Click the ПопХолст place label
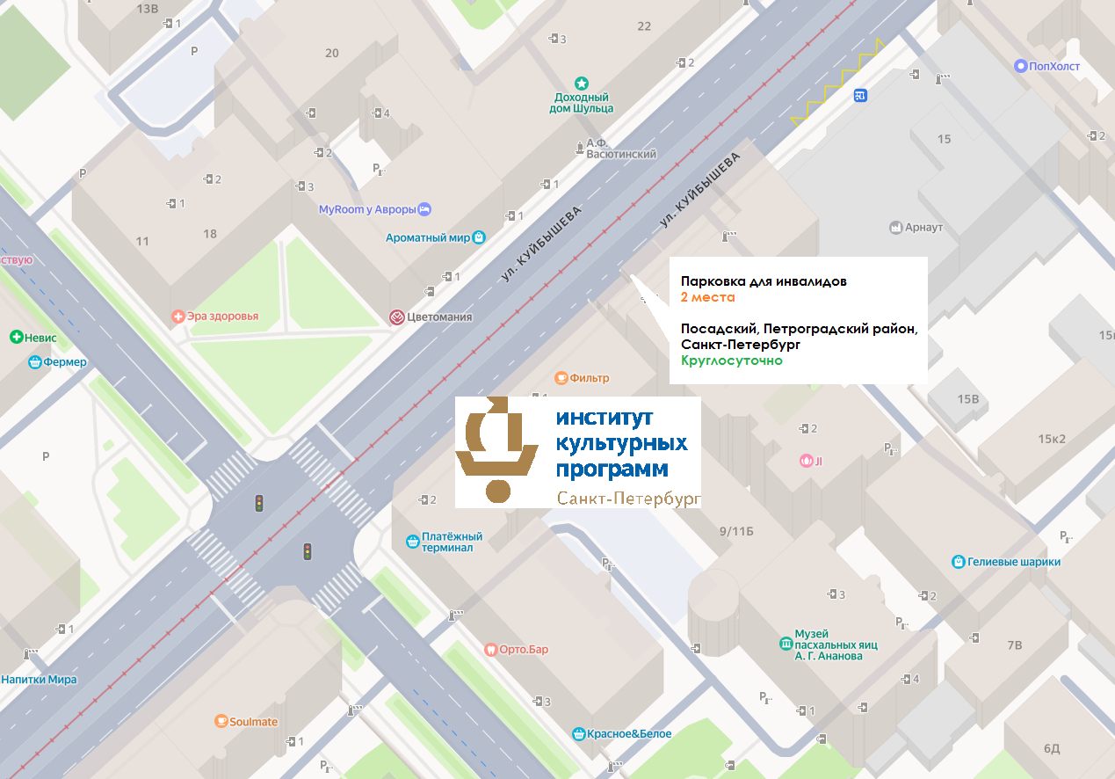point(1054,65)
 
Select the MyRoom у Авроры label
point(366,210)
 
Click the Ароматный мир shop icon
point(479,237)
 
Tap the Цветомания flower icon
point(397,317)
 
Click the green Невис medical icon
point(16,338)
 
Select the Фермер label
point(69,362)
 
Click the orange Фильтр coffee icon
point(561,378)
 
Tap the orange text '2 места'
point(707,297)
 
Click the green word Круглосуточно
point(731,360)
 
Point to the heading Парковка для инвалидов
point(764,281)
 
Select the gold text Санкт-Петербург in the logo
point(628,499)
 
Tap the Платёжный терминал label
point(453,542)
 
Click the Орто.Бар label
point(524,650)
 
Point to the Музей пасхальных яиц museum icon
point(785,644)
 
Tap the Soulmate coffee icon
point(221,722)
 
